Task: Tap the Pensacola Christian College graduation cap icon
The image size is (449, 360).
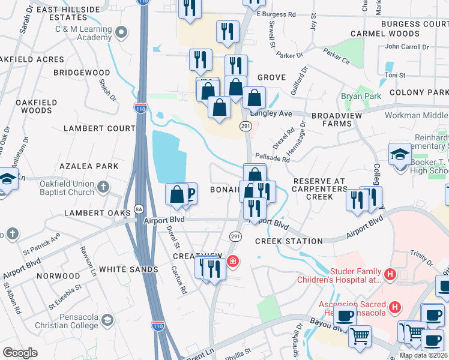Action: (107, 319)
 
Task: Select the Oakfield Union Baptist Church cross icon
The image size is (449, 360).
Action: (103, 187)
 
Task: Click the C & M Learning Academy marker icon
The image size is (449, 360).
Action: (122, 31)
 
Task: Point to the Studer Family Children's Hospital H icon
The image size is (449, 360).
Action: (390, 275)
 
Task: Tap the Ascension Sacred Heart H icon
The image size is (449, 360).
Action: (395, 308)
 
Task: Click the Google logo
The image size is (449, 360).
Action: (20, 353)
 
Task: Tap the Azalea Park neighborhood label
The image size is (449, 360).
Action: (88, 166)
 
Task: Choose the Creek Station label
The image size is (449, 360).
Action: (289, 241)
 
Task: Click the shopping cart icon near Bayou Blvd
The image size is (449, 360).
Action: (360, 335)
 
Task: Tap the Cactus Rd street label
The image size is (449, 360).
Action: (182, 278)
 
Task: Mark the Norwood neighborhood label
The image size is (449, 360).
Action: (58, 276)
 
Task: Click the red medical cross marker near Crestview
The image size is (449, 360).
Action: (232, 262)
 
